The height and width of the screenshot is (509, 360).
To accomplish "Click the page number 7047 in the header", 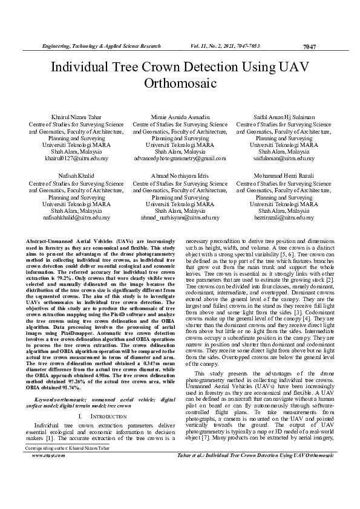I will (x=309, y=47).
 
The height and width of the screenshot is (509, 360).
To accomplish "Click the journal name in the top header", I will (x=101, y=46).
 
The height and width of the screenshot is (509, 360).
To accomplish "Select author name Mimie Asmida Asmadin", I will (x=180, y=116).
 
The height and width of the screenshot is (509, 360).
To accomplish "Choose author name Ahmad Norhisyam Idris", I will (x=180, y=175).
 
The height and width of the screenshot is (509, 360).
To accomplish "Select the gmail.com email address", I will (x=180, y=158).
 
